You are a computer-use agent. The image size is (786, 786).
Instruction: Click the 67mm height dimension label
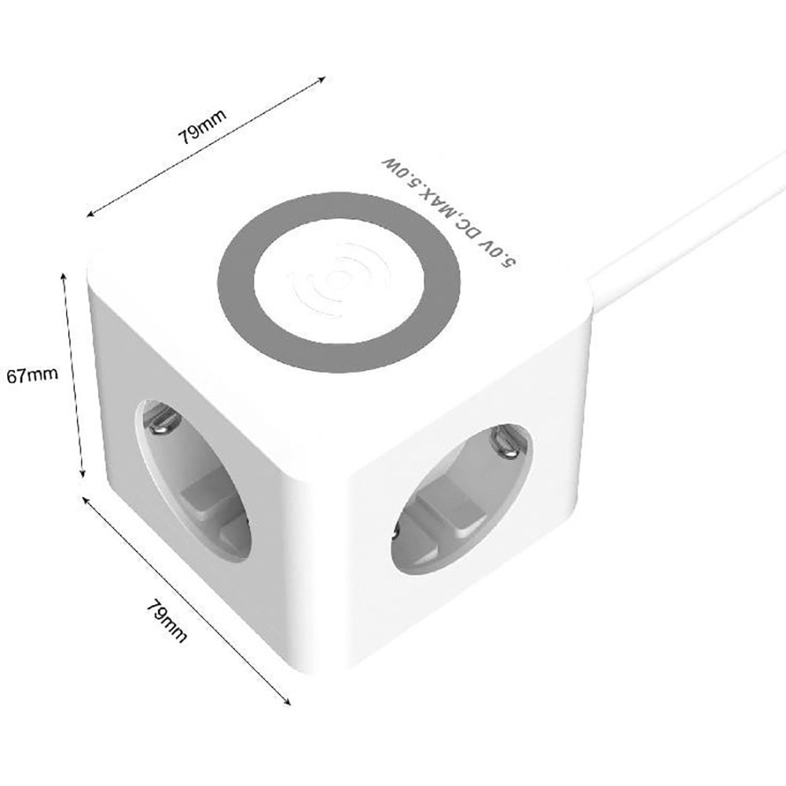click(31, 375)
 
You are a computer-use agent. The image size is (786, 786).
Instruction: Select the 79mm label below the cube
click(167, 622)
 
